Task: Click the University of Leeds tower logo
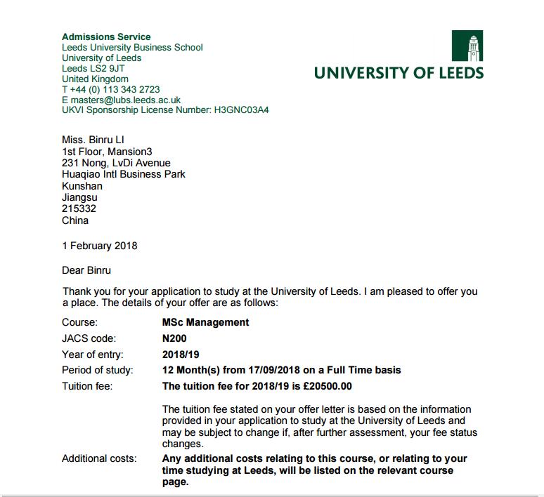click(467, 46)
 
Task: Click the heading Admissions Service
click(106, 37)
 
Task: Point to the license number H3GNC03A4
click(241, 110)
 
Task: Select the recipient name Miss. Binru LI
click(93, 140)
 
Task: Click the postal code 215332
click(79, 208)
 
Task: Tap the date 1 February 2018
click(99, 246)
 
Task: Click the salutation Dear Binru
click(86, 270)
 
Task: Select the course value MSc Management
click(205, 323)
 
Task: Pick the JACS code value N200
click(174, 338)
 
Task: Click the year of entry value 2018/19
click(181, 354)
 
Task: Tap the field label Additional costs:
click(99, 458)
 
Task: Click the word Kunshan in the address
click(82, 186)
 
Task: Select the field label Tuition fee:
click(87, 386)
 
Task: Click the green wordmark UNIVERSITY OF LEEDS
click(399, 72)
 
